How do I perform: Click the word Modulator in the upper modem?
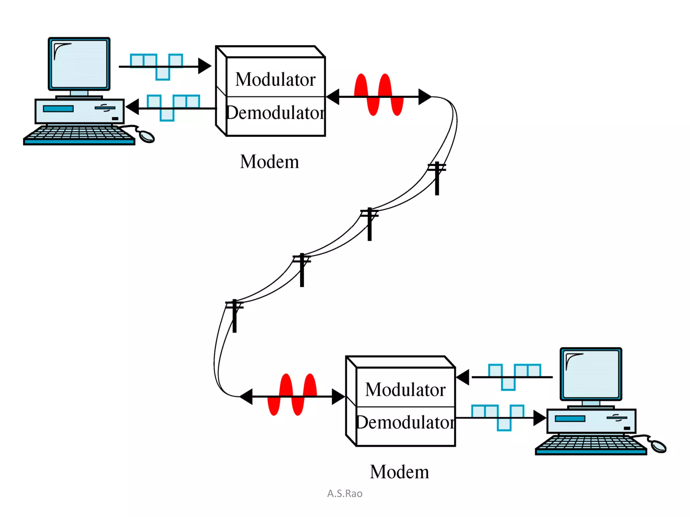[275, 79]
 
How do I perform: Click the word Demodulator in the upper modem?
[275, 112]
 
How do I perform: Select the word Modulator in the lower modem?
[405, 389]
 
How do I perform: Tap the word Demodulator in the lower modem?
[405, 422]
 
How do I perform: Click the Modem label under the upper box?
[270, 162]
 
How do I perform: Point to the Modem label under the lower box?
[400, 472]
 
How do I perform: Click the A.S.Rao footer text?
[345, 493]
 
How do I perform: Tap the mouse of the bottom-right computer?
[658, 446]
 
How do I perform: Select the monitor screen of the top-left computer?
[79, 63]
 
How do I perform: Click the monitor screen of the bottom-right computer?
[591, 374]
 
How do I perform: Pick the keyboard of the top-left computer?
[80, 135]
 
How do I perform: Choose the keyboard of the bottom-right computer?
[591, 445]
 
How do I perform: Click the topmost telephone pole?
[437, 178]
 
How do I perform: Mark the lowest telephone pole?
[234, 316]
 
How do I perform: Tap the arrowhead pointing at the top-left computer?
[132, 107]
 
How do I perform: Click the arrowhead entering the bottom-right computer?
[540, 418]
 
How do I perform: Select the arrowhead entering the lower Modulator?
[462, 377]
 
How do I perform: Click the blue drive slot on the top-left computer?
[58, 108]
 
